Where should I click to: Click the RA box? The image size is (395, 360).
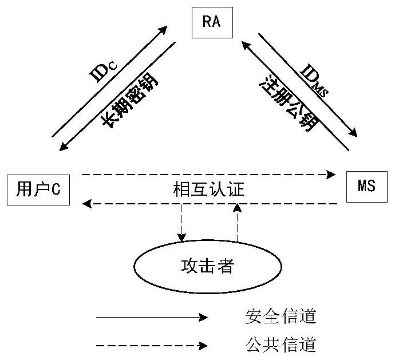pos(211,23)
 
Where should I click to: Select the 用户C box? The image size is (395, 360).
pos(38,189)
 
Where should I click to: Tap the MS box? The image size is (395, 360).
pos(366,187)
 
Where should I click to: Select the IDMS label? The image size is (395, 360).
pos(313,79)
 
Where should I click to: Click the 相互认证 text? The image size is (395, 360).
pos(208,189)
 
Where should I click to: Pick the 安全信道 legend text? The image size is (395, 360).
pos(281,316)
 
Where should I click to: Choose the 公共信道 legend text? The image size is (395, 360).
pos(281,345)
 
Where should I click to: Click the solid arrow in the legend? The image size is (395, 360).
pos(152,317)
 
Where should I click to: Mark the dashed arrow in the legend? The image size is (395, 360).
pos(152,346)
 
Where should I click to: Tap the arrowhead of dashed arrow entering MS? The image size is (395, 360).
pos(331,173)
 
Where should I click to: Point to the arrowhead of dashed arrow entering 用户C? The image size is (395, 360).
pos(86,203)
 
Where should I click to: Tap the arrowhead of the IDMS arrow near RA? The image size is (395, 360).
pos(244,45)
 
